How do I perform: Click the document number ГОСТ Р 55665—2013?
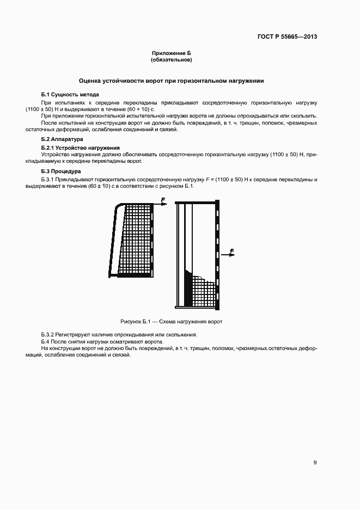click(x=287, y=37)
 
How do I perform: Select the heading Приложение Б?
click(x=172, y=53)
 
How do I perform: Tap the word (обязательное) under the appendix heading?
click(x=172, y=59)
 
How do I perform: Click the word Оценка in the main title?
click(x=91, y=81)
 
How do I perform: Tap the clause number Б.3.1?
click(x=48, y=179)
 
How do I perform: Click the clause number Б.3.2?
click(x=48, y=334)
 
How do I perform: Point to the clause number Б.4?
click(x=46, y=341)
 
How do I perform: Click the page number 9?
click(x=315, y=463)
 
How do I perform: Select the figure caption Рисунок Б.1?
click(x=172, y=322)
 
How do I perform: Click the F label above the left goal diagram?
click(x=163, y=200)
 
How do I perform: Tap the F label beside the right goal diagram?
click(x=232, y=251)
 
